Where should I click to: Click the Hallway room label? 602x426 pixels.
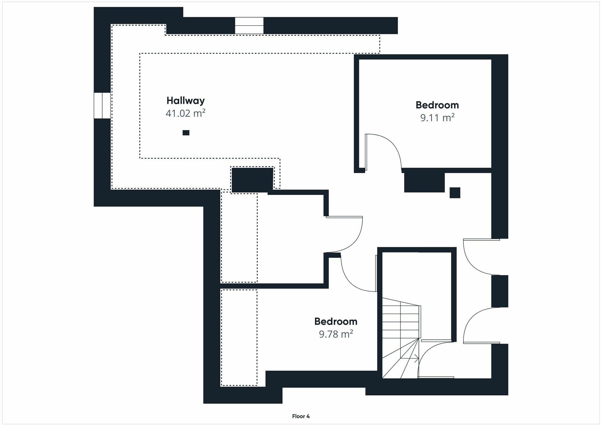[x=185, y=101]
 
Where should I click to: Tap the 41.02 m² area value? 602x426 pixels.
[x=185, y=113]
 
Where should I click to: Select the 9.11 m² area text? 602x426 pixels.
[x=437, y=118]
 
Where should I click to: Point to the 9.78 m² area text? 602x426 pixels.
[x=336, y=334]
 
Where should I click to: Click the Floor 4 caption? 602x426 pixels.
[x=301, y=416]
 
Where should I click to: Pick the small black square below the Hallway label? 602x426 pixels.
[x=186, y=133]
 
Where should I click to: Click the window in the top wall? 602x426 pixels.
[x=249, y=25]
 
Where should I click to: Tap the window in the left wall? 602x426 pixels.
[x=102, y=105]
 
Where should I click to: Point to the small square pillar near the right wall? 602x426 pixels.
[x=455, y=193]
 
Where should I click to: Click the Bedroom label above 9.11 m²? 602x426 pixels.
[x=437, y=105]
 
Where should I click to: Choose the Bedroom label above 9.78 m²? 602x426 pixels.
[x=336, y=322]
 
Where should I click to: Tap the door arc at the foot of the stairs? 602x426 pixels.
[x=430, y=354]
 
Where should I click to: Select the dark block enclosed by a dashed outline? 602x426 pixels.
[x=252, y=180]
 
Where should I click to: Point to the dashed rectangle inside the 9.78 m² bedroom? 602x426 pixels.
[x=239, y=338]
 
